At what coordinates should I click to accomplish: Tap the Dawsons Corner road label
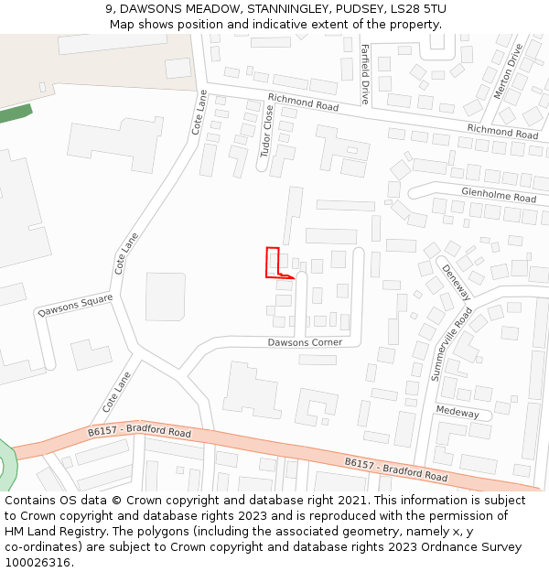click(305, 342)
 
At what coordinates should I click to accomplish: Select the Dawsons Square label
click(75, 305)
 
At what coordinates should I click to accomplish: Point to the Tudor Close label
click(267, 130)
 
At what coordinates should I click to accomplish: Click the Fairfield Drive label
click(364, 73)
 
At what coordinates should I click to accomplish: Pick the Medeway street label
click(457, 413)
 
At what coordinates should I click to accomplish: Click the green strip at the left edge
click(16, 114)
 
